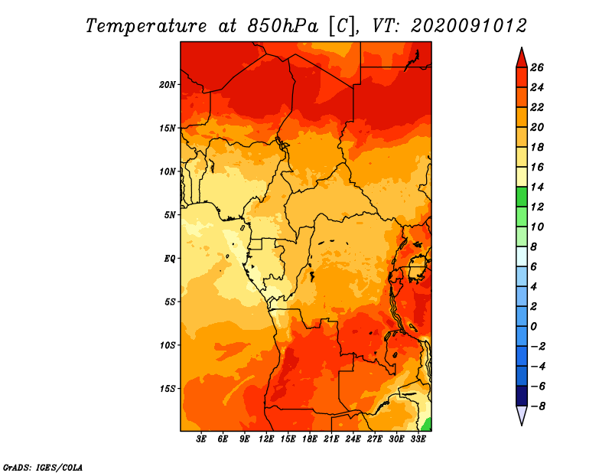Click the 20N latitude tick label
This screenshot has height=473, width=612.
tap(168, 85)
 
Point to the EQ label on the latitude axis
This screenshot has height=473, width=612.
tap(170, 259)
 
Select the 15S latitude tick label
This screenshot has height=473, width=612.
tap(168, 389)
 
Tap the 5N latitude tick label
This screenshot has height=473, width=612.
tap(170, 215)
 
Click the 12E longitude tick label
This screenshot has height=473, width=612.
tap(266, 439)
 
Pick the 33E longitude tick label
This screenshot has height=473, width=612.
tap(418, 439)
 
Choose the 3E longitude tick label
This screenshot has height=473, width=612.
tap(201, 439)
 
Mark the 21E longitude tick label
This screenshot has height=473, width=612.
tap(331, 439)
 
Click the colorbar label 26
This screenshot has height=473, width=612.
tap(537, 67)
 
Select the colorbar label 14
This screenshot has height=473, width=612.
tap(537, 187)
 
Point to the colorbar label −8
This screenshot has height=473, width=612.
tap(538, 406)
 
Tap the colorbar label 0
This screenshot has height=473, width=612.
tap(533, 327)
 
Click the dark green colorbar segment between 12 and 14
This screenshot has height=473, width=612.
tap(522, 197)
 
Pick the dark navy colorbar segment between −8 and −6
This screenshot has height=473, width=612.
tap(522, 396)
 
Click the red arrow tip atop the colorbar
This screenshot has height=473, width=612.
tap(522, 47)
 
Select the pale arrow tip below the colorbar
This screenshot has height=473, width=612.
tap(522, 425)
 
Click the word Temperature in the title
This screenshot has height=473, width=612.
tap(146, 26)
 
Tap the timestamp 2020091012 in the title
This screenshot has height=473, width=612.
tap(469, 26)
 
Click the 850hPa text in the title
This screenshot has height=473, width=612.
tap(282, 26)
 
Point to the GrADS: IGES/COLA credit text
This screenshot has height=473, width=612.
tap(43, 468)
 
